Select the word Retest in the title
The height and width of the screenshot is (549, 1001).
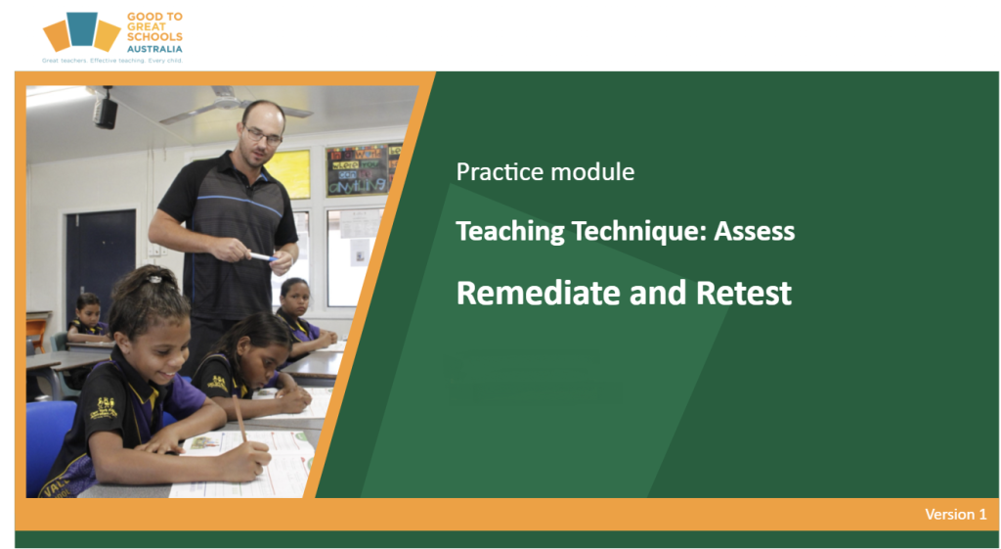744,293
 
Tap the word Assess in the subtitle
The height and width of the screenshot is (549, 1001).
754,231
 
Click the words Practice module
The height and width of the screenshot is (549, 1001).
545,171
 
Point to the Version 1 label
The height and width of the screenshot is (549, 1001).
956,514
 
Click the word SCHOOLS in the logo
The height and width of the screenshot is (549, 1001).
154,37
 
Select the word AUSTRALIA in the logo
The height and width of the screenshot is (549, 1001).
154,49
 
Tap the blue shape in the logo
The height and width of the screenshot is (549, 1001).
82,28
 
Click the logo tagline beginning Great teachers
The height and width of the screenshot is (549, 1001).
112,61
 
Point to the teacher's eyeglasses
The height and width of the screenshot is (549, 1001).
263,135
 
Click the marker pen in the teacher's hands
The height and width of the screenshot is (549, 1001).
262,257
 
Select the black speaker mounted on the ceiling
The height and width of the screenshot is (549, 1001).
106,112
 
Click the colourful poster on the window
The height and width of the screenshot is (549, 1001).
358,169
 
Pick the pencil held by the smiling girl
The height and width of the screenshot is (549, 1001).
240,418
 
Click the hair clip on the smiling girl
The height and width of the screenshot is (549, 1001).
153,279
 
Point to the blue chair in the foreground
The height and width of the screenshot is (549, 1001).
49,446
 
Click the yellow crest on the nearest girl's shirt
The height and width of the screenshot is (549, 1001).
104,408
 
